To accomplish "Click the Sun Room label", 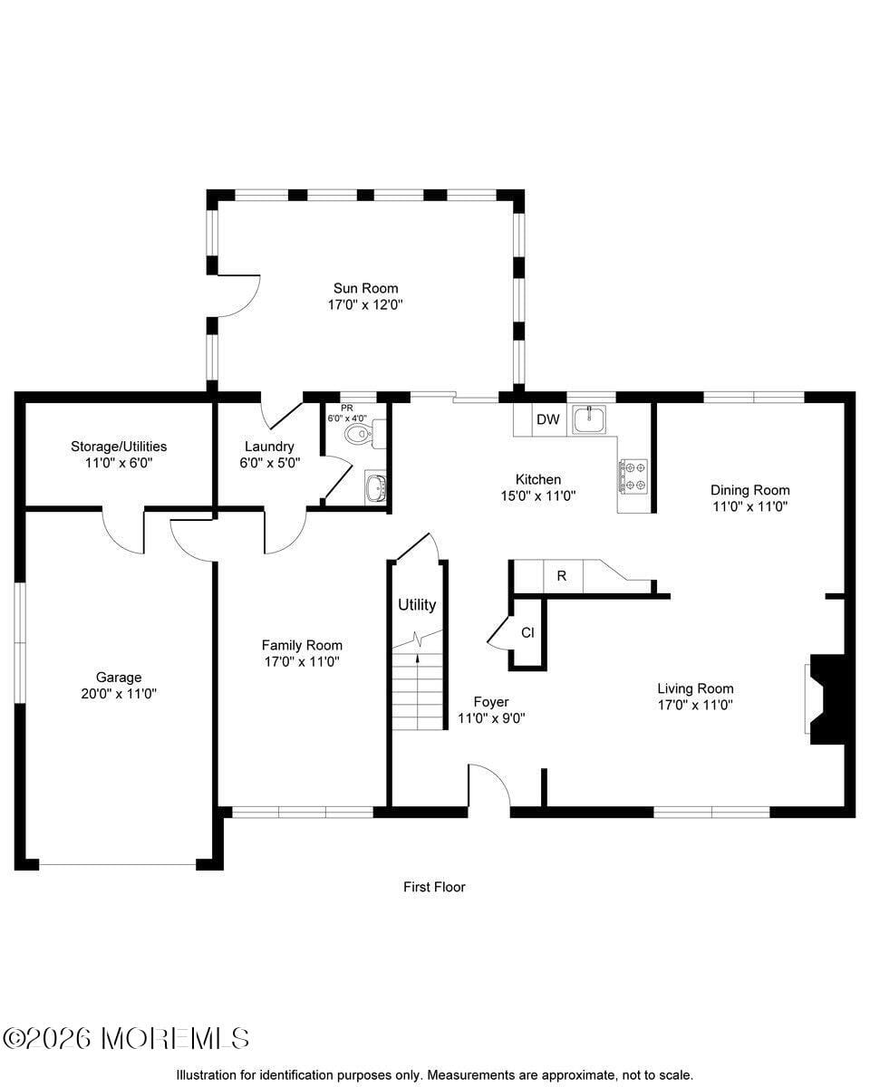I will [365, 289].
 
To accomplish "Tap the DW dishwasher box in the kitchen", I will [547, 419].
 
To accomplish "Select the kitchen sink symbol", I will [590, 418].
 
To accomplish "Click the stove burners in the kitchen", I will [633, 476].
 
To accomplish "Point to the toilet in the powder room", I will [360, 433].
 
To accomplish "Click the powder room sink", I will [375, 487].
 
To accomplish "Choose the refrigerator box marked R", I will [562, 575].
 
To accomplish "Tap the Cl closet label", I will [527, 632].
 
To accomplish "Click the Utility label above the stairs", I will [417, 605].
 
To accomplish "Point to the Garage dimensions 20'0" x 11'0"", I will [119, 694].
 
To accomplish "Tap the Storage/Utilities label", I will [119, 447].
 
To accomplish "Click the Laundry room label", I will [269, 447].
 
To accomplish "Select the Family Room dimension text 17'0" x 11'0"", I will [302, 662].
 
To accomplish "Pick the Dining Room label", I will [749, 490].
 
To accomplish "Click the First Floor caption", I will [434, 887].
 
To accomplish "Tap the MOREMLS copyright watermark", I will [126, 1038].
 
